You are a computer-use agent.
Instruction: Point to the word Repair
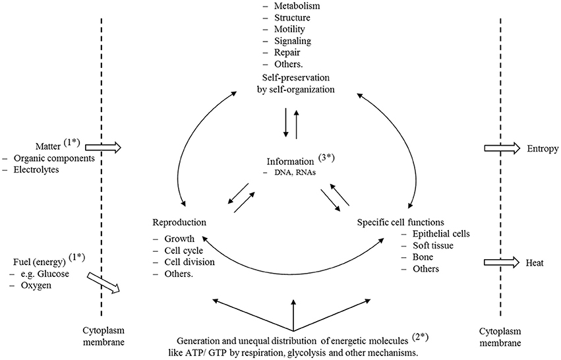[280, 53]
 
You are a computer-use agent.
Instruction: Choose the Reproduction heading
[179, 222]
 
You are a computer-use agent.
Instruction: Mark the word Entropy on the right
[541, 150]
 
